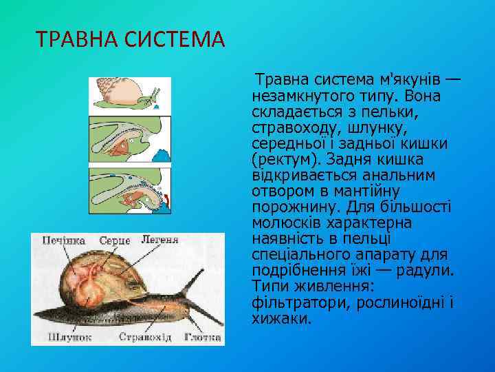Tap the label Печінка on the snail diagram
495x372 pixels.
pyautogui.click(x=63, y=240)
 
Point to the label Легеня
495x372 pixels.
pyautogui.click(x=159, y=240)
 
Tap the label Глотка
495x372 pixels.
pyautogui.click(x=202, y=338)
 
